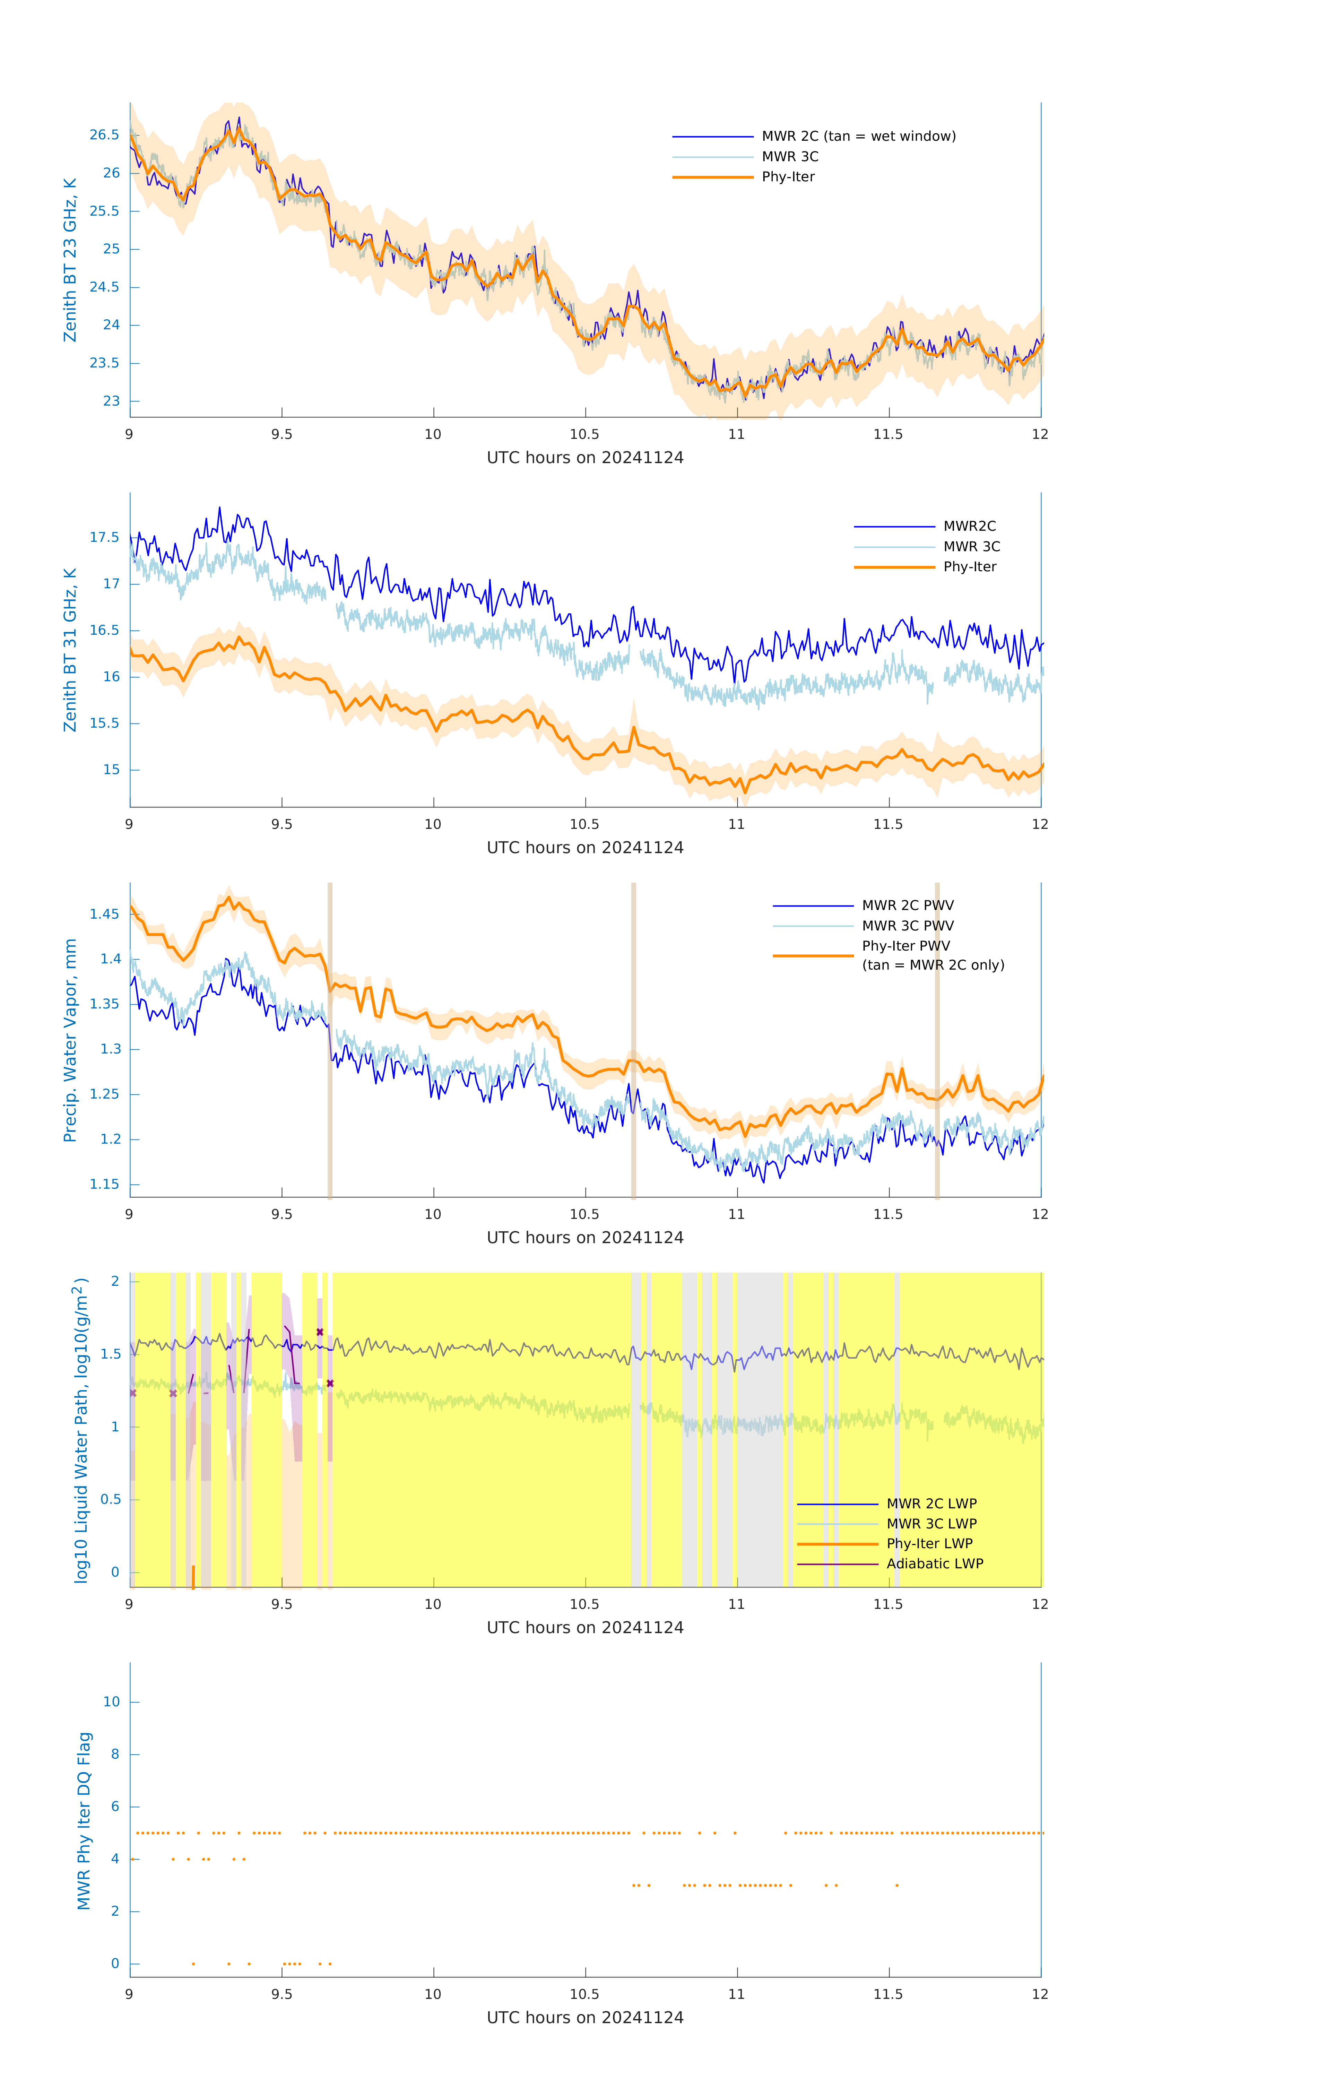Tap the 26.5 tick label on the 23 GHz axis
coord(105,135)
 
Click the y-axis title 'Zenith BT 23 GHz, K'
coord(70,260)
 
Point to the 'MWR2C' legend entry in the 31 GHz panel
coord(969,526)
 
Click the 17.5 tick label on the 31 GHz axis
coord(105,537)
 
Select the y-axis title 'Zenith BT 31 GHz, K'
coord(70,650)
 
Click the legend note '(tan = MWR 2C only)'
coord(933,965)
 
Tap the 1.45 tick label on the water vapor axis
coord(105,914)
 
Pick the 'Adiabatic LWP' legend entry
coord(935,1563)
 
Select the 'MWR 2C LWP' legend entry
coord(931,1504)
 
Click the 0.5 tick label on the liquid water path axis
coord(110,1500)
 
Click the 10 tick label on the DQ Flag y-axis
coord(111,1702)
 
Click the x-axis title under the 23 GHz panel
coord(585,458)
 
